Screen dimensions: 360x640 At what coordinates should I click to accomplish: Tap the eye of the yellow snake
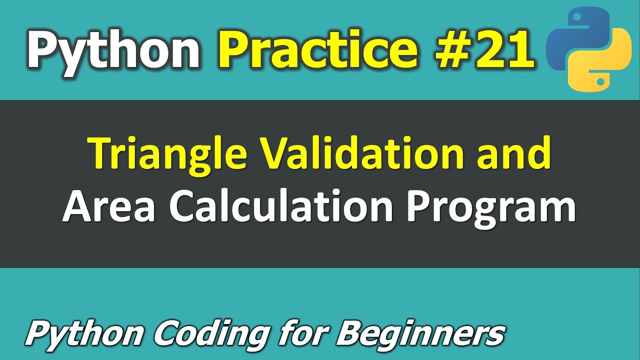(599, 80)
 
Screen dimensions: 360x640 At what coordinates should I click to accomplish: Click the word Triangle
(167, 154)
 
